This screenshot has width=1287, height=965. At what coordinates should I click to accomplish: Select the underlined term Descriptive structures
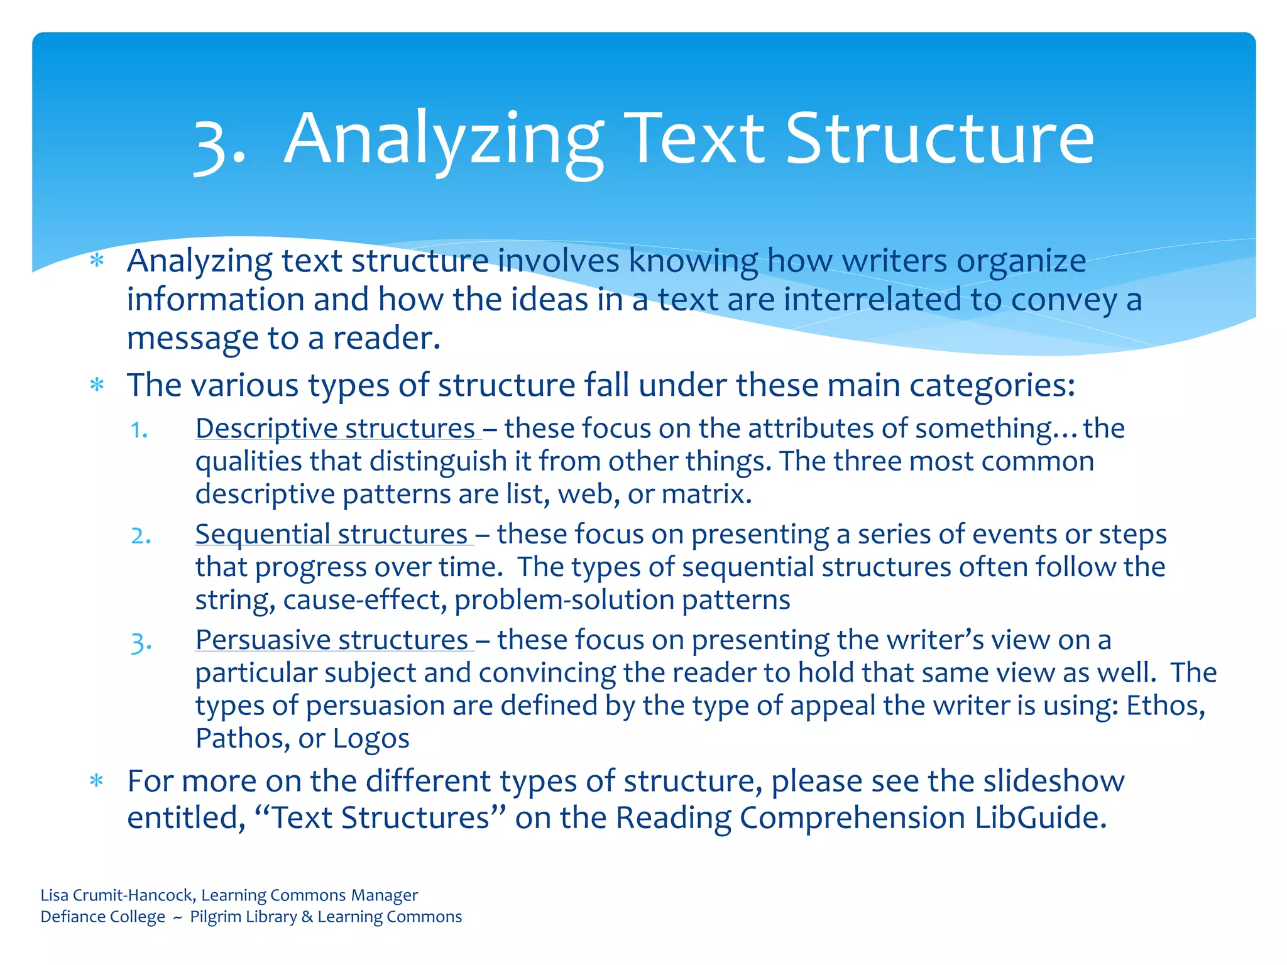[335, 429]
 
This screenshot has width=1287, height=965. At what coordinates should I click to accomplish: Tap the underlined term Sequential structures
[331, 535]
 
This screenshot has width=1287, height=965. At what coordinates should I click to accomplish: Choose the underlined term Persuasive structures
[332, 640]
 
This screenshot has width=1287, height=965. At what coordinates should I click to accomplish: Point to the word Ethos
[1164, 706]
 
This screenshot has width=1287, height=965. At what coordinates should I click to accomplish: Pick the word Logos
[371, 739]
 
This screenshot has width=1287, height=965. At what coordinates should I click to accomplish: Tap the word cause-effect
[365, 600]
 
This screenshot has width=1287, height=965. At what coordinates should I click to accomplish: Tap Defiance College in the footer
[102, 917]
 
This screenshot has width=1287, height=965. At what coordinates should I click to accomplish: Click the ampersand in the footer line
[307, 917]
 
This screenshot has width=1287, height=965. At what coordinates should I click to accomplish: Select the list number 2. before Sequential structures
[141, 536]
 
